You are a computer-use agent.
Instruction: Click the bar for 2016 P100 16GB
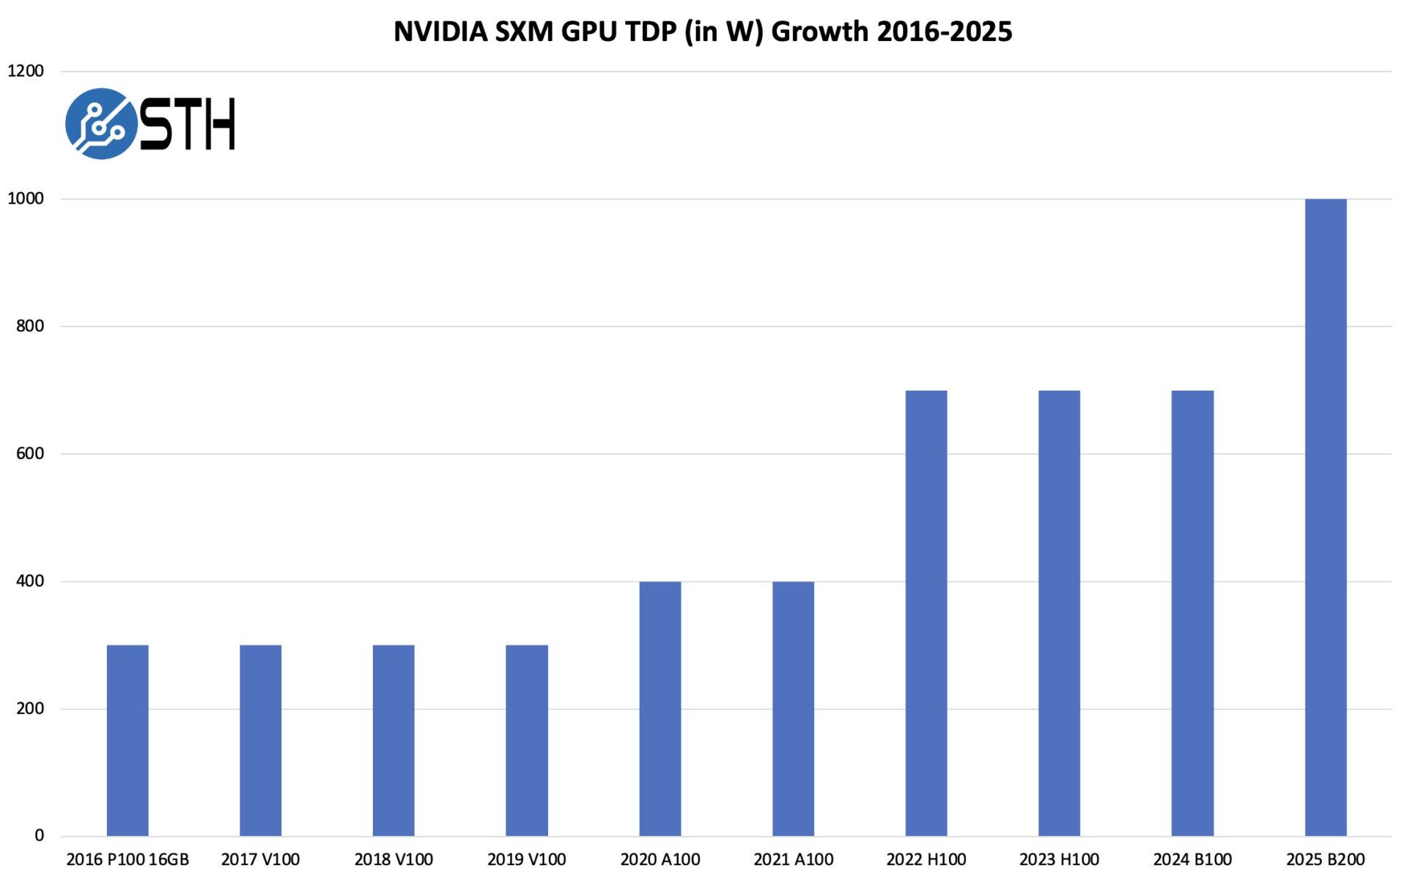pos(128,740)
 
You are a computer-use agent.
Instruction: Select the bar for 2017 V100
pos(260,740)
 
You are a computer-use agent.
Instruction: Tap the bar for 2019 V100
pos(526,740)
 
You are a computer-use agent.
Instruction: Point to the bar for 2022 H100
pos(926,612)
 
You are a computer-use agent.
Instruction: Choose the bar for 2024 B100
pos(1192,612)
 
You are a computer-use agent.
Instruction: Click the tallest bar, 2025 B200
pos(1325,517)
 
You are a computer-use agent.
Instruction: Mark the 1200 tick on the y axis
pos(26,71)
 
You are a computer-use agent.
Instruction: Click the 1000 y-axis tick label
pos(26,199)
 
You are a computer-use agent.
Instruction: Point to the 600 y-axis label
pos(30,453)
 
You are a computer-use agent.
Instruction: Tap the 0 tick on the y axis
pos(40,835)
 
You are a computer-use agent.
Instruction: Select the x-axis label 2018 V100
pos(394,859)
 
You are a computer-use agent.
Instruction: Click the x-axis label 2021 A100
pos(793,859)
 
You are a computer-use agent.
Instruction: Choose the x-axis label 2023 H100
pos(1059,859)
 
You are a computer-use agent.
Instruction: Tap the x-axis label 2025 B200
pos(1325,859)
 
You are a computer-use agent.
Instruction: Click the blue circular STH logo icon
pos(100,123)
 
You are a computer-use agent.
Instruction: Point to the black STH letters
pos(188,125)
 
